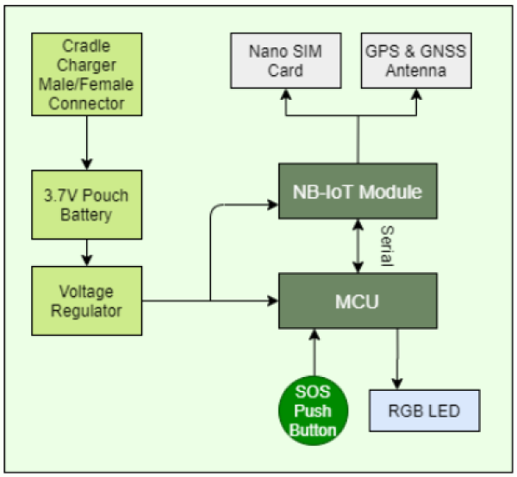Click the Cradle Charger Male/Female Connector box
click(86, 74)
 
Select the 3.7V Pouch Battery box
click(86, 203)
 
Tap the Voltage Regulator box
click(86, 301)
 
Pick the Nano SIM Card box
click(283, 60)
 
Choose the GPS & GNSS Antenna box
click(417, 60)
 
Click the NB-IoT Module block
click(358, 192)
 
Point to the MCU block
click(358, 301)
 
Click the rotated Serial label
click(387, 245)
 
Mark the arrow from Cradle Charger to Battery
click(86, 141)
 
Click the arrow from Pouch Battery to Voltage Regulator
click(86, 252)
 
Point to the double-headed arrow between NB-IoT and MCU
click(358, 246)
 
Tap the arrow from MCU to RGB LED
click(397, 357)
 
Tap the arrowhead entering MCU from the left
click(272, 301)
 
